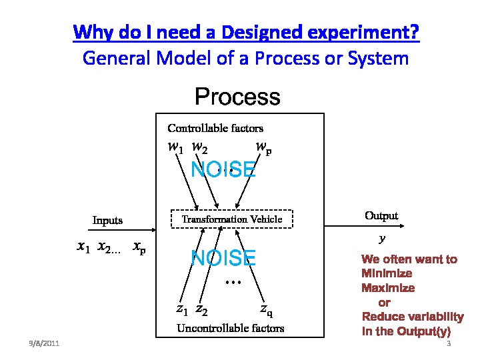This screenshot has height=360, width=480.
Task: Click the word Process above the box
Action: (237, 97)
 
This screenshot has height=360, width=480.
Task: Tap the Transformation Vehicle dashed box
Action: (232, 219)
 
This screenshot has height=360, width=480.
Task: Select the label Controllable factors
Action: (215, 128)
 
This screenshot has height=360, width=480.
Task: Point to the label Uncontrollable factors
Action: (230, 328)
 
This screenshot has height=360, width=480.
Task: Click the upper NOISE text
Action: (223, 169)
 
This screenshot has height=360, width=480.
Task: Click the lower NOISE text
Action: (223, 258)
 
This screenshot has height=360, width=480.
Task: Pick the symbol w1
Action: (175, 148)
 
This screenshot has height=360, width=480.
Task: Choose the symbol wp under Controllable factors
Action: (263, 148)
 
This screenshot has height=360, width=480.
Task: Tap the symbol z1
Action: (182, 309)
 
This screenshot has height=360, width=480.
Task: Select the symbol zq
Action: (266, 309)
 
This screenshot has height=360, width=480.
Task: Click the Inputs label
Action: (107, 220)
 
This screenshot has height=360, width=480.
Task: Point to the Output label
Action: (381, 215)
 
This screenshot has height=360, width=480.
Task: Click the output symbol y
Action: (382, 238)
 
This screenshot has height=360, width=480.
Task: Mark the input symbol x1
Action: (83, 248)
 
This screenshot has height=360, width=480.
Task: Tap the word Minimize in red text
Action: (387, 273)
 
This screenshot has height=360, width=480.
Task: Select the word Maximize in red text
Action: (388, 288)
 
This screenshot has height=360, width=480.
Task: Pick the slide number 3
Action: (449, 344)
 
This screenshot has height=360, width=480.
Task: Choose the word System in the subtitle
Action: (378, 58)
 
